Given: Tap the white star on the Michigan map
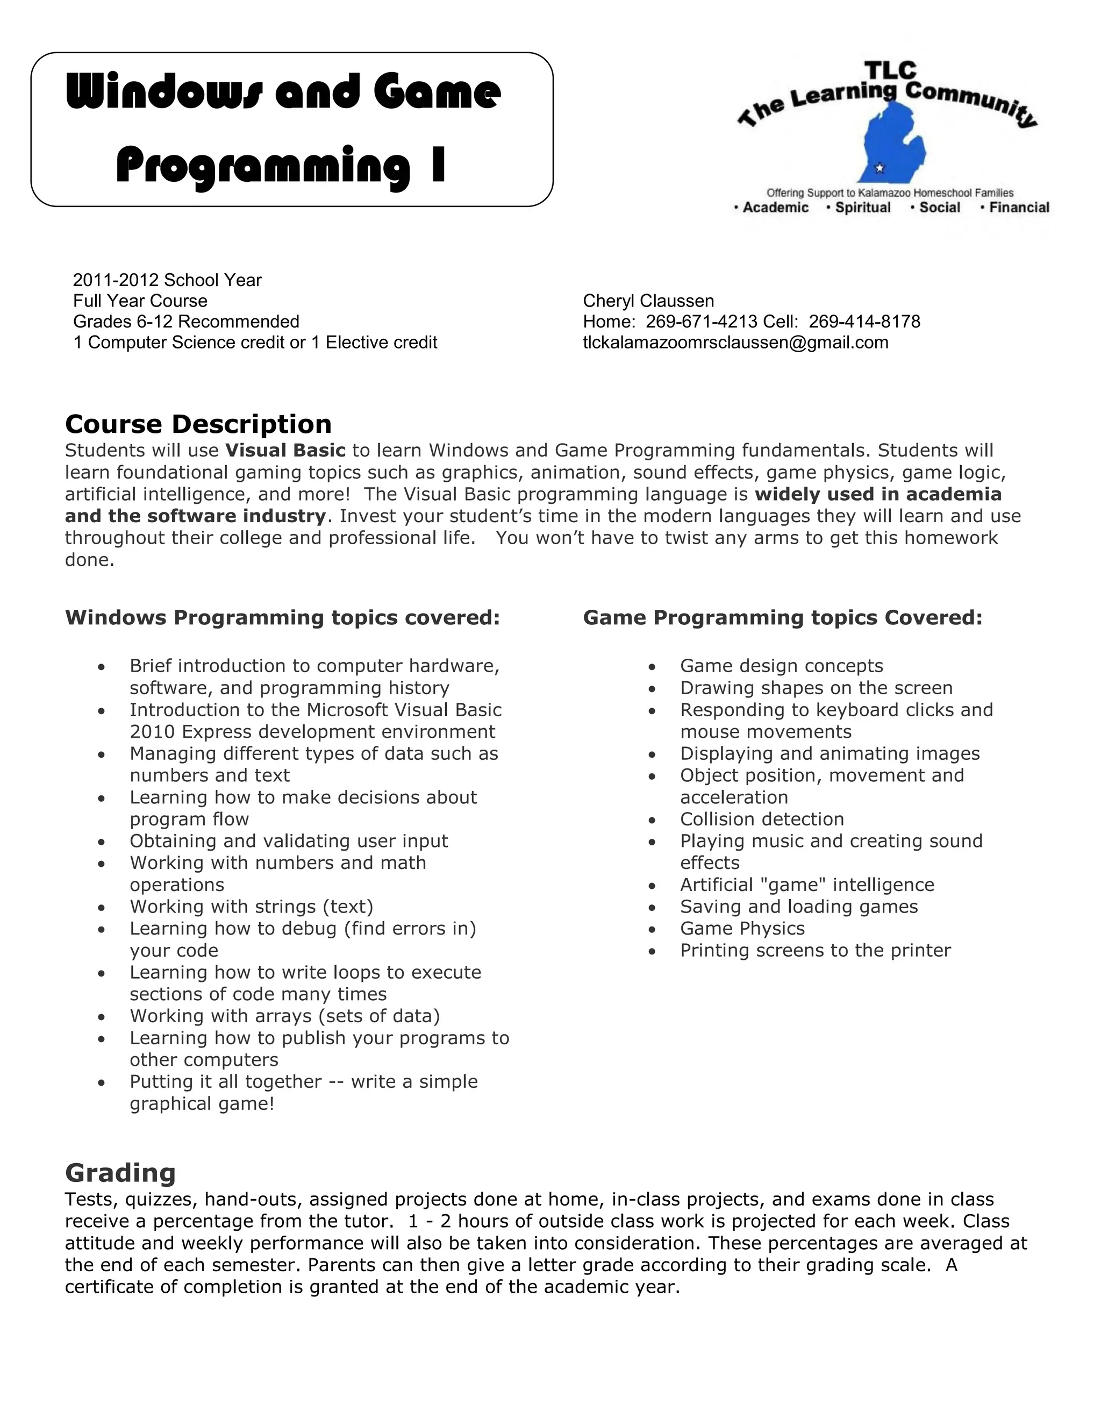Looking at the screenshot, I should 879,168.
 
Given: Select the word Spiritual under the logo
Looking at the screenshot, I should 862,208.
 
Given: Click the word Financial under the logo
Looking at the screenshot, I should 1019,208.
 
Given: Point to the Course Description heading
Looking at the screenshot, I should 198,424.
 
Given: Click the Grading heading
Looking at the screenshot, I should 120,1172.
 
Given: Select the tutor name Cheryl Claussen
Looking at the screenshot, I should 648,301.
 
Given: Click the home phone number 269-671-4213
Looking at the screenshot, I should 701,322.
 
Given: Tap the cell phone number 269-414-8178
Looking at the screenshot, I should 864,322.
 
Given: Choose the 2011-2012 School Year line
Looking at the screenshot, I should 167,280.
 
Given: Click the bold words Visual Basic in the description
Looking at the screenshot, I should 285,450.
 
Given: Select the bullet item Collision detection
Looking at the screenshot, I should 761,819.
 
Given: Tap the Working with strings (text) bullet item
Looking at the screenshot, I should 251,906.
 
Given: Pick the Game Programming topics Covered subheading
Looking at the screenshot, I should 782,617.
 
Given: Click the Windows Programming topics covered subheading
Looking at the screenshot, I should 282,617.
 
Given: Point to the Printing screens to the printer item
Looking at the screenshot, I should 816,950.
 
